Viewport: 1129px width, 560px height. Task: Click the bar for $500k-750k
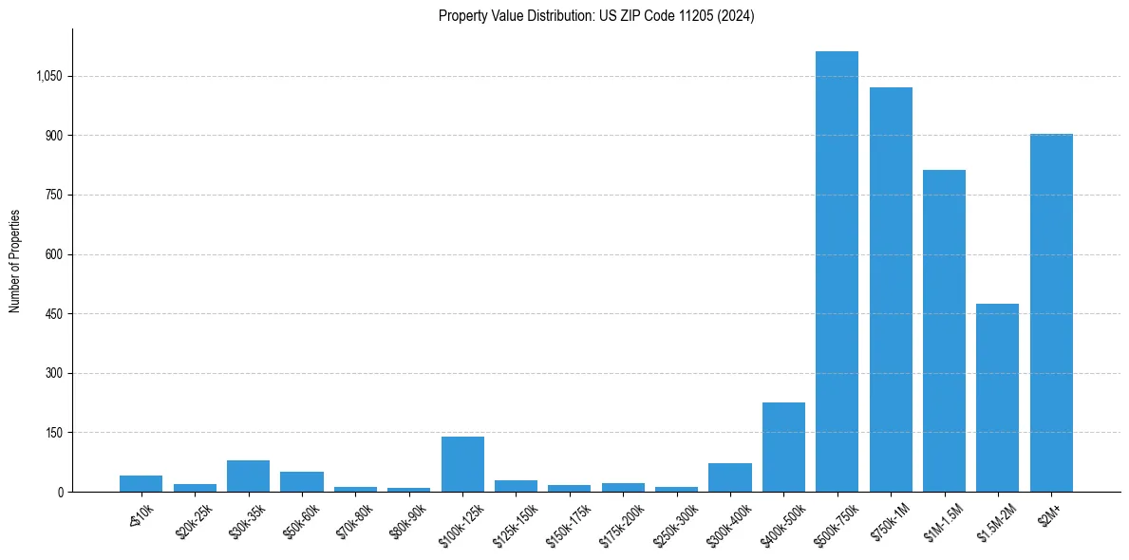(x=837, y=271)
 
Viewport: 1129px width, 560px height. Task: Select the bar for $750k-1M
(x=891, y=289)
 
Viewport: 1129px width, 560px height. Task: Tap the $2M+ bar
(x=1051, y=313)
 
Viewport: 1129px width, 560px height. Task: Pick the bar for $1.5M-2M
(x=997, y=398)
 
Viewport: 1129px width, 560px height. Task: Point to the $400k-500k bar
(x=783, y=447)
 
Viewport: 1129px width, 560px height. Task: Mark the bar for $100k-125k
(x=462, y=464)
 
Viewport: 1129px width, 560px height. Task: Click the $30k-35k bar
(x=248, y=476)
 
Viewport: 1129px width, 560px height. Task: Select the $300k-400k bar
(x=730, y=477)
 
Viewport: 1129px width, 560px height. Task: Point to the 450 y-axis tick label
(x=53, y=314)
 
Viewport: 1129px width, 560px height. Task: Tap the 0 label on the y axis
(x=60, y=492)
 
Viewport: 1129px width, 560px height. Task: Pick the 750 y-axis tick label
(x=53, y=195)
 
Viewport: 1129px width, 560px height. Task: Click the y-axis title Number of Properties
(x=15, y=260)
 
